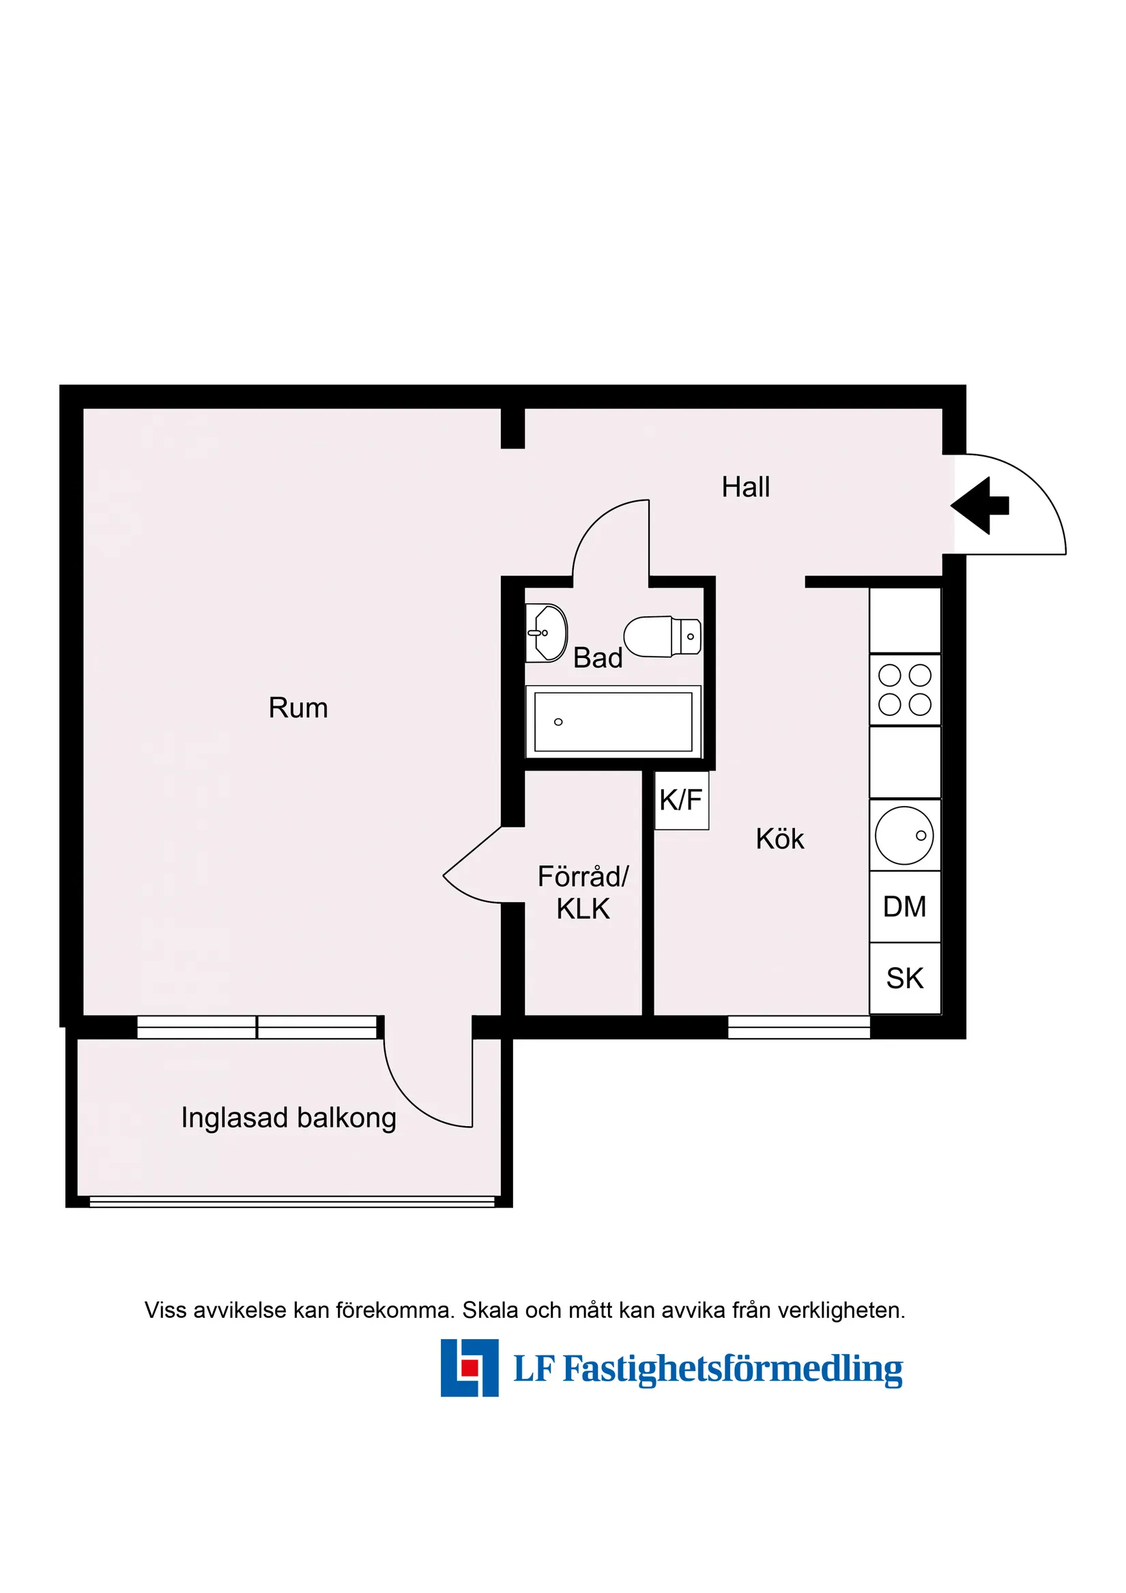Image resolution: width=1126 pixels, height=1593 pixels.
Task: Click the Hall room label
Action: tap(745, 487)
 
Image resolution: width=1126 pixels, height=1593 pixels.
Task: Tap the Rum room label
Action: tap(298, 708)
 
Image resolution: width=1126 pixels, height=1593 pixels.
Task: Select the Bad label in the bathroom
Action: tap(597, 658)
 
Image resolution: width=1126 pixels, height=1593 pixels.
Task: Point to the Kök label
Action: tap(780, 839)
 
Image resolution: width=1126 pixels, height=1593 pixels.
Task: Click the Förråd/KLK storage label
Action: tap(583, 892)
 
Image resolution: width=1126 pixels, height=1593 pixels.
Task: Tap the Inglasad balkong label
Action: tap(289, 1118)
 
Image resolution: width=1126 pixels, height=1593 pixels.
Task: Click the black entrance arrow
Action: tap(979, 506)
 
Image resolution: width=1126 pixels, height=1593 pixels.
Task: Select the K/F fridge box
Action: tap(681, 800)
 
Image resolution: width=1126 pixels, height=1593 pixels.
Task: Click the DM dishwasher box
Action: tap(905, 906)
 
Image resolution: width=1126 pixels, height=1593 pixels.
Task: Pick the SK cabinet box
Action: tap(905, 978)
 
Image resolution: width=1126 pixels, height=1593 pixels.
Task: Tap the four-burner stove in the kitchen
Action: tap(905, 689)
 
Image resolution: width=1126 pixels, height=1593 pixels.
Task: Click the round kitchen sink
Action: tap(904, 835)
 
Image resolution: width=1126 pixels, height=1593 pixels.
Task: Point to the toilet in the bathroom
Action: tap(662, 636)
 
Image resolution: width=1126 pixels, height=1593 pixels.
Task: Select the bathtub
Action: tap(613, 721)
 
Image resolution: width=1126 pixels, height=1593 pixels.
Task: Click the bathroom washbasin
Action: tap(547, 633)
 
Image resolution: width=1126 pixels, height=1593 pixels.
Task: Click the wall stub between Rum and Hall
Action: tap(513, 428)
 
